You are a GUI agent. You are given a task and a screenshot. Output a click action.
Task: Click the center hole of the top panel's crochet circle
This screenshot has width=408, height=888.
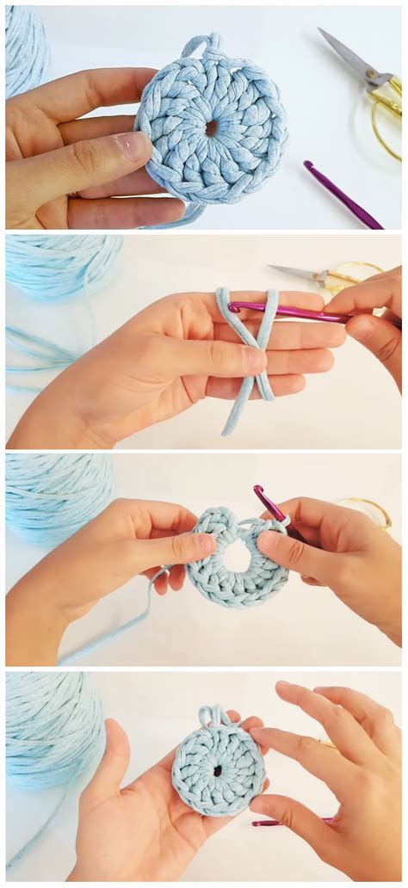211,128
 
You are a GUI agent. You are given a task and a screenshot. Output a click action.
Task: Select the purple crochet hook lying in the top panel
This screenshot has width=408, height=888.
342,195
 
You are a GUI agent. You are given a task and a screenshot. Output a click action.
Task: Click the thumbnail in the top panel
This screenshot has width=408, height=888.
133,145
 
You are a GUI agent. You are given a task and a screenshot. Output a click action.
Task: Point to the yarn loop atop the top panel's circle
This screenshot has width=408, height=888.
201,45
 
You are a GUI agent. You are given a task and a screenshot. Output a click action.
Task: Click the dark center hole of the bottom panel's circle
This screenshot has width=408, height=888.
217,771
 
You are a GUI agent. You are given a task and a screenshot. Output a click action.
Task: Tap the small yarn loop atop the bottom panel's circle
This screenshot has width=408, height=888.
211,715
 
